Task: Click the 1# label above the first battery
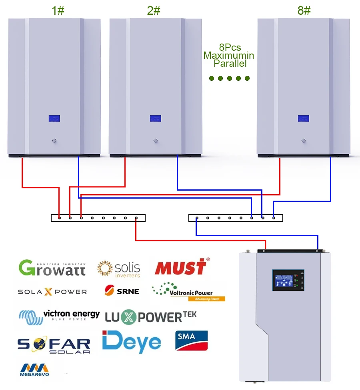(58, 10)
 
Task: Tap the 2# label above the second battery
(154, 10)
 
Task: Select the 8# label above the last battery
(304, 10)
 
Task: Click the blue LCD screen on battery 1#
(54, 119)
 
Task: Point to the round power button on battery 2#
(155, 141)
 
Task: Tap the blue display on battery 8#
(304, 119)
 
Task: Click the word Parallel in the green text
(230, 63)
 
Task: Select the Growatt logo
(52, 268)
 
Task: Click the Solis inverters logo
(119, 269)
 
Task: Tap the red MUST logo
(181, 267)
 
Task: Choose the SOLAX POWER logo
(52, 292)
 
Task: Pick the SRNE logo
(122, 291)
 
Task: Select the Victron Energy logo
(59, 316)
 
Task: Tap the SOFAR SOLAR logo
(54, 345)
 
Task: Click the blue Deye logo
(132, 342)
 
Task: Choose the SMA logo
(192, 340)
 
